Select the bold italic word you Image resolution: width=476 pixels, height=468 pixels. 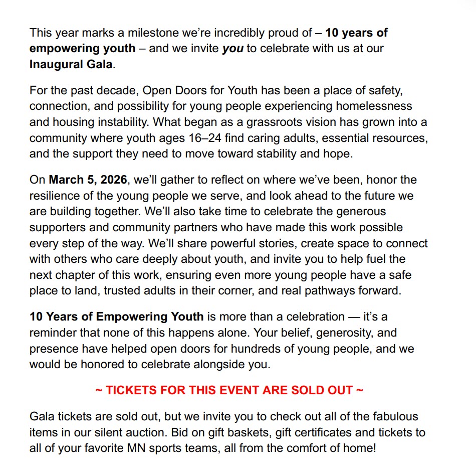232,49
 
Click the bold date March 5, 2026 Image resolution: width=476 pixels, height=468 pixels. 88,180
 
